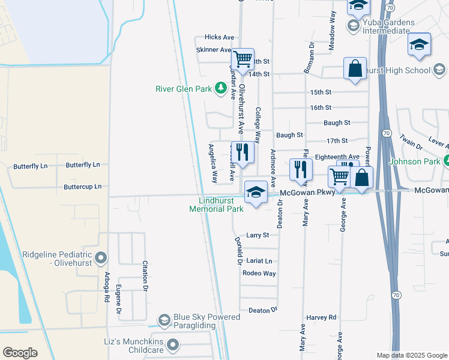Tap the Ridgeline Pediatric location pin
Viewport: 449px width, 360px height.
pyautogui.click(x=100, y=259)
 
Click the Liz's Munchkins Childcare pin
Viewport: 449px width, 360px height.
pyautogui.click(x=173, y=344)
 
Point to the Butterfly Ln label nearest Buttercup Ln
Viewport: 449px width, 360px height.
pyautogui.click(x=83, y=165)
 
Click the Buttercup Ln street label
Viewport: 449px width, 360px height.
pyautogui.click(x=83, y=187)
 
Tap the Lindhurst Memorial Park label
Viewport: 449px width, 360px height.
pyautogui.click(x=216, y=205)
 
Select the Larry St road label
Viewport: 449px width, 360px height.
pyautogui.click(x=258, y=236)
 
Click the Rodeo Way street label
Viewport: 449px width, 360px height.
pyautogui.click(x=259, y=274)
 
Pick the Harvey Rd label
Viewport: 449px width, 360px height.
pyautogui.click(x=320, y=317)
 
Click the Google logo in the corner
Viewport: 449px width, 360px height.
pyautogui.click(x=20, y=353)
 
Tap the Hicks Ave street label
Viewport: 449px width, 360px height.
pyautogui.click(x=219, y=37)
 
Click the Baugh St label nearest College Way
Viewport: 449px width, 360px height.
pyautogui.click(x=290, y=136)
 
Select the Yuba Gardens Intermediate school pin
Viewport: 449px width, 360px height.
pyautogui.click(x=353, y=25)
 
